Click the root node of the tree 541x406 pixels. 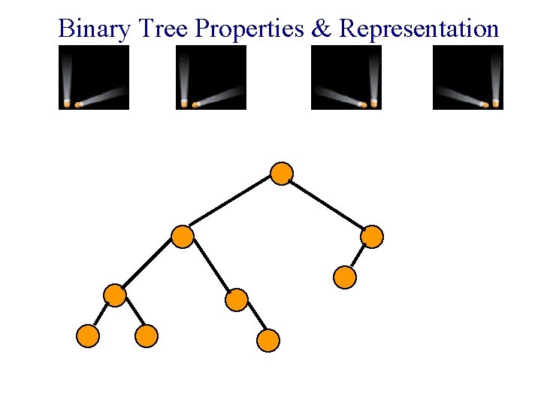pos(281,174)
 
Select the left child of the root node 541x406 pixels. pos(183,238)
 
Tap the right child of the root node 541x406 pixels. pos(372,238)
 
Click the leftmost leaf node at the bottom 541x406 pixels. pos(88,336)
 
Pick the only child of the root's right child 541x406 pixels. pos(344,277)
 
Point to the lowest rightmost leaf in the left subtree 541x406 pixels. pos(268,341)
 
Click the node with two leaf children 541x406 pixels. pos(115,295)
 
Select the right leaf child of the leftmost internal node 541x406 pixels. pos(147,336)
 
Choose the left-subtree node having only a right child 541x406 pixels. pos(236,301)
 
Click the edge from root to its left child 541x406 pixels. pos(231,205)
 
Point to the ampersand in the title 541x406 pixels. pos(322,29)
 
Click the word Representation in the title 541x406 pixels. pos(419,29)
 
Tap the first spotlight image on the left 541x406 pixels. pos(94,77)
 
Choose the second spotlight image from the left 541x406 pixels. pos(211,77)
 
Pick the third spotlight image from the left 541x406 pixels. pos(346,77)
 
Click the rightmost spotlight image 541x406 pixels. pos(467,77)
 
